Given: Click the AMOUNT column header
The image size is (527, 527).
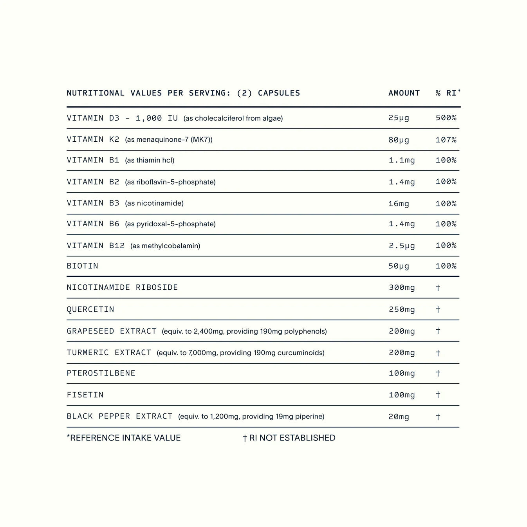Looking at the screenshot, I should coord(404,93).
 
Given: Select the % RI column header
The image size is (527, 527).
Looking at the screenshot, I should coord(448,93).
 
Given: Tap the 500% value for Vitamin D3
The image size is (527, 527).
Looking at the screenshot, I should coord(446,118).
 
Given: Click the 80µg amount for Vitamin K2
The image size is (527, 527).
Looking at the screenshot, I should coord(399,140).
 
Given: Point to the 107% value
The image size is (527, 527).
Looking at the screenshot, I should coord(446,140).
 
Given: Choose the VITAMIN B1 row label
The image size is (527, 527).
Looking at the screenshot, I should coord(93,160).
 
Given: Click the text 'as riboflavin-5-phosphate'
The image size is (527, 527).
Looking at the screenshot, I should coord(170,182).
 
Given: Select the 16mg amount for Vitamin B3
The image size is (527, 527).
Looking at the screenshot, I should coord(399,204).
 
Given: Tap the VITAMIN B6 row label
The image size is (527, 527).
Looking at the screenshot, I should coord(93,224).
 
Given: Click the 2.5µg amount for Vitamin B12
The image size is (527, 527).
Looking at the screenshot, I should coord(401,246).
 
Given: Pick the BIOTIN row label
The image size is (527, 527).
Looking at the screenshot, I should coord(82,266).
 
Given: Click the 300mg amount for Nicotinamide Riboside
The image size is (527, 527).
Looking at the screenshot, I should coord(401,288).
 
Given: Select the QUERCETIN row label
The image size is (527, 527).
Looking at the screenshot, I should coord(90,310).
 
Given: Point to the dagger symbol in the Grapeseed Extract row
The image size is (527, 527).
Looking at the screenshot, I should coord(438,331).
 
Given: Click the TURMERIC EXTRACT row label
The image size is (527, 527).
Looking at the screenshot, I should coord(109,353).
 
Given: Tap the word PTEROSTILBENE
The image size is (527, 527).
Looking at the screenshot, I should coord(101,374).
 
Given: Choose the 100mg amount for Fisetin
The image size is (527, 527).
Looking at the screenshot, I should coord(401,395).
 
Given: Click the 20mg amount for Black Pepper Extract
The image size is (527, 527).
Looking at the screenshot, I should coord(399,417).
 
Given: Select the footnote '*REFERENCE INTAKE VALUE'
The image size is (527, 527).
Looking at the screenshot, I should coord(124,438).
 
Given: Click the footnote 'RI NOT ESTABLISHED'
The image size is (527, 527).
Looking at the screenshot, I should coord(292,438).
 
